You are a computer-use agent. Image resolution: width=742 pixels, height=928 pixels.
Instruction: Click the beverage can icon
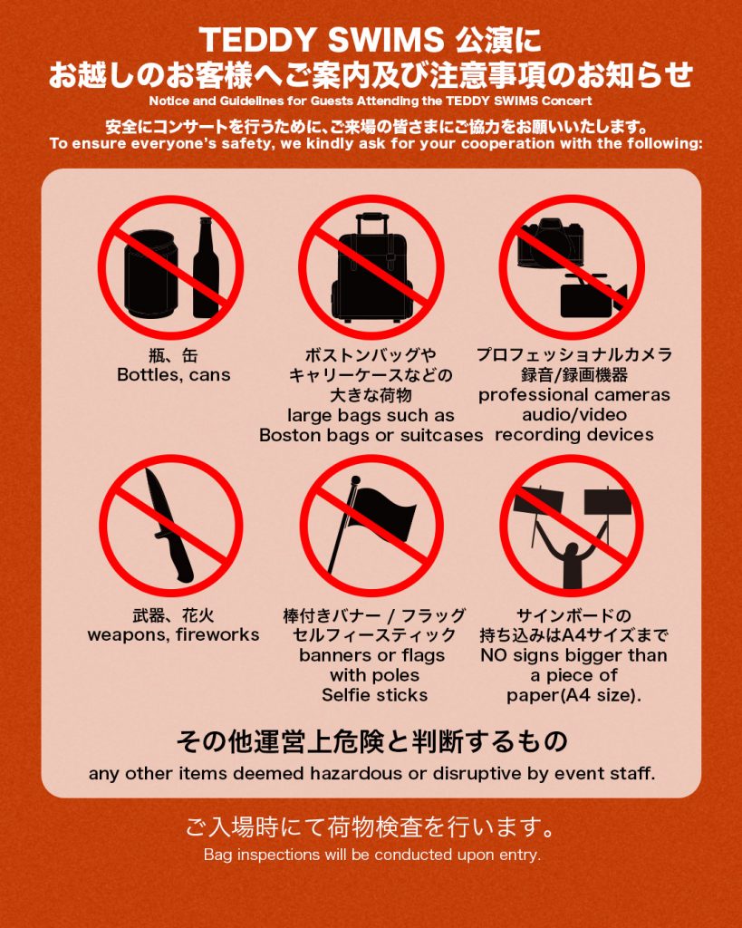click(x=150, y=273)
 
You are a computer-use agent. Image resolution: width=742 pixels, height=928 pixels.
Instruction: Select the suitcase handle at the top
click(x=372, y=223)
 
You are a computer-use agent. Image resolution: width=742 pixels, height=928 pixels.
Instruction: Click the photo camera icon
click(x=550, y=243)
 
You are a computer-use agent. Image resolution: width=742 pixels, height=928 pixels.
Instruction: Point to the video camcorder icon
click(x=593, y=296)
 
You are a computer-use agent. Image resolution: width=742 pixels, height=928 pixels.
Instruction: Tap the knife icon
click(x=169, y=525)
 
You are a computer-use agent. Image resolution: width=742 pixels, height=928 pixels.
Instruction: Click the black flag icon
click(x=372, y=524)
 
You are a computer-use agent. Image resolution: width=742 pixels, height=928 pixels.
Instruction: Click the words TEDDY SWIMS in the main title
click(x=322, y=40)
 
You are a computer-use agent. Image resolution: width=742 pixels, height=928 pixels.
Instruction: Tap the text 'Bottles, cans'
click(x=173, y=374)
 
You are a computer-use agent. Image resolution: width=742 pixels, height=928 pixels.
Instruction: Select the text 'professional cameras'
click(x=574, y=395)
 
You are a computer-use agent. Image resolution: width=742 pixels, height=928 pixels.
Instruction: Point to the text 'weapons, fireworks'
click(x=173, y=635)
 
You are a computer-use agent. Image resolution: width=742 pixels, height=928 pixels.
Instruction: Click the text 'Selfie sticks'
click(x=374, y=695)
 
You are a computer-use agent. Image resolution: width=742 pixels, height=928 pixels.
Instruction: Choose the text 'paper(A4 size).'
click(x=573, y=695)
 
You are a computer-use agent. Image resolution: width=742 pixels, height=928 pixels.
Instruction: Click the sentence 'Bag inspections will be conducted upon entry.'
click(x=372, y=855)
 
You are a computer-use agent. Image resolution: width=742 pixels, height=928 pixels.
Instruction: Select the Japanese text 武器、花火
click(x=173, y=615)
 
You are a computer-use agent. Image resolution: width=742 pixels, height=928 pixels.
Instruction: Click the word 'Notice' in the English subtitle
click(x=168, y=101)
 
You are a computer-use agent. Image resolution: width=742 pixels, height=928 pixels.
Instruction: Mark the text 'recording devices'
click(x=574, y=434)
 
